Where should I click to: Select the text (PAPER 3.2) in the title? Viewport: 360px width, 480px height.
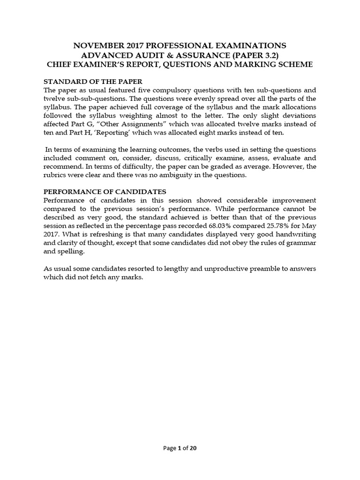[260, 55]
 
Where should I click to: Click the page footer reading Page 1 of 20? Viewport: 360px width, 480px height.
[180, 448]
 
